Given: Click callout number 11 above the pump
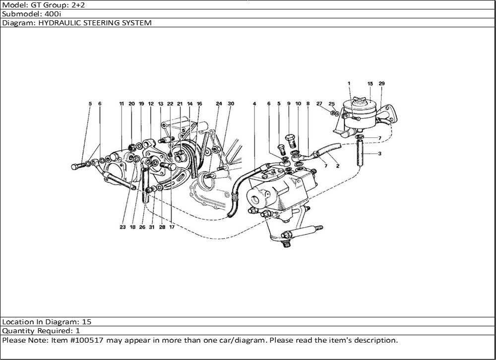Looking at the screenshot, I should click(121, 104).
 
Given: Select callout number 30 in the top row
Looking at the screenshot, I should click(231, 104).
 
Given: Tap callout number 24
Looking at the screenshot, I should click(219, 104).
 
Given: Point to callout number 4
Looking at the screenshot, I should click(254, 104).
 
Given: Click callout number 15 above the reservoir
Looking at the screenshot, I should click(370, 84).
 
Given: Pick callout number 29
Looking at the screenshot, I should click(381, 84).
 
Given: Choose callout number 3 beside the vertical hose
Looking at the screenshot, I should click(379, 154).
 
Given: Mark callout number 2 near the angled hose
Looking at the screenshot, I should click(337, 166).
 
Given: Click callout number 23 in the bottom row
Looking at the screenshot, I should click(123, 227).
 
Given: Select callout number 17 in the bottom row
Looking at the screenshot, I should click(172, 227).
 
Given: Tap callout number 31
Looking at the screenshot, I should click(152, 227).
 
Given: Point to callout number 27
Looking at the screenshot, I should click(319, 104).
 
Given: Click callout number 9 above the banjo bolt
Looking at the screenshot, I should click(289, 104).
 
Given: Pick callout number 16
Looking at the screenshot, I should click(199, 104).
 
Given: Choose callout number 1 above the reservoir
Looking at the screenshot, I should click(349, 84).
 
